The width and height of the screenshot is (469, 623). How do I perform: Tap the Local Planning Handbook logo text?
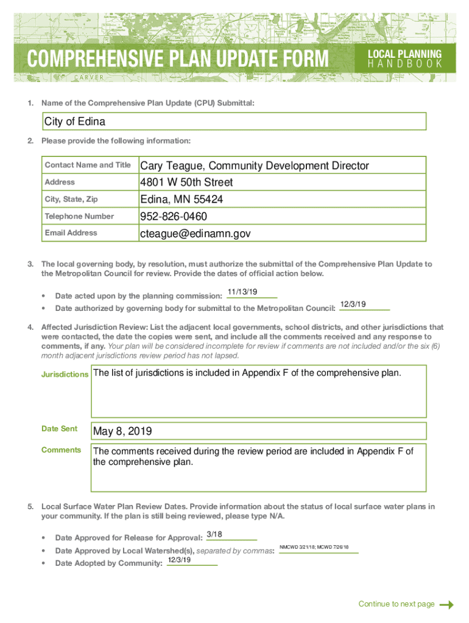tap(404, 59)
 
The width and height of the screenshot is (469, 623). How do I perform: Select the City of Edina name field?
tap(234, 122)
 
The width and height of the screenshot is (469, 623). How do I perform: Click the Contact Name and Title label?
tap(88, 165)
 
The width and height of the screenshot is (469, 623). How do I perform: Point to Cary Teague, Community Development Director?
tap(255, 165)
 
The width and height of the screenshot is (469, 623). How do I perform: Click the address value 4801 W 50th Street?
tap(186, 183)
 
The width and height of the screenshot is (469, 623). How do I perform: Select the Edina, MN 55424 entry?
tap(182, 200)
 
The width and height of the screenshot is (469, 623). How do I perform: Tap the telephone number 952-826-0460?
tap(174, 217)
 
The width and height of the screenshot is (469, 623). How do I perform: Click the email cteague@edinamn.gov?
tap(195, 234)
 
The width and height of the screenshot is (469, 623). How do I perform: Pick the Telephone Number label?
tap(79, 217)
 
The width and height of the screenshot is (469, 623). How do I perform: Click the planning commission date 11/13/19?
tap(242, 292)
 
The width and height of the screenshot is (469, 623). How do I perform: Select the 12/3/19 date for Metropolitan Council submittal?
tap(353, 304)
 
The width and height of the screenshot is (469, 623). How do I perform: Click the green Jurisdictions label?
tap(65, 374)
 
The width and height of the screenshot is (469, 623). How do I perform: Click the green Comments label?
tap(61, 450)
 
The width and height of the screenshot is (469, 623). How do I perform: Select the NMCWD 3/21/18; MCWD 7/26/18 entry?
tap(314, 548)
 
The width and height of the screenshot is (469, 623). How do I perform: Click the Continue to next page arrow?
tap(446, 604)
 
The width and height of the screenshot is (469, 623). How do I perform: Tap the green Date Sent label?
tap(59, 429)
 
